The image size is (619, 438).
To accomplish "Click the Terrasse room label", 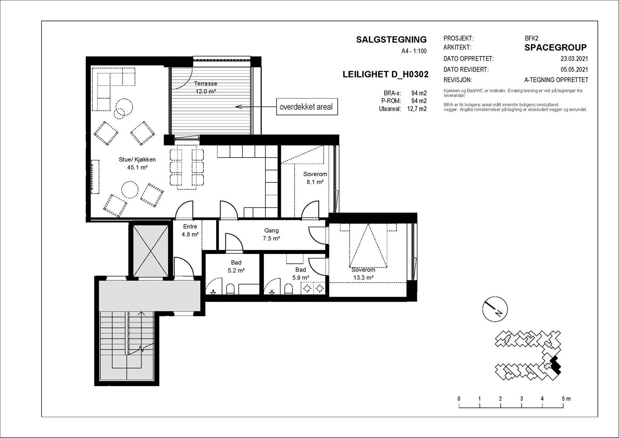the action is (x=205, y=83).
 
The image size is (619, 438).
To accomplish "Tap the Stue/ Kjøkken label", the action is (x=137, y=160).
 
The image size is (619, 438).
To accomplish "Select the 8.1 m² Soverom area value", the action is (x=315, y=182).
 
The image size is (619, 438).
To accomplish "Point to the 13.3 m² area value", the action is (x=363, y=278).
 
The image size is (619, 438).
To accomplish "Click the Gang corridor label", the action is (x=271, y=230).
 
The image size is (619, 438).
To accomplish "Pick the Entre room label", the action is (x=190, y=226).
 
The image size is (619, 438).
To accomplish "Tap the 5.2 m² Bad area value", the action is (x=236, y=270).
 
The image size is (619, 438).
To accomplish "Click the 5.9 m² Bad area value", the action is (x=301, y=277).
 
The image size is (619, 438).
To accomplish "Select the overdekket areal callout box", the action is (x=307, y=106).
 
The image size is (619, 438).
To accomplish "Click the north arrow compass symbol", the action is (x=495, y=309).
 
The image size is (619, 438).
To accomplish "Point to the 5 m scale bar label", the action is (x=566, y=399).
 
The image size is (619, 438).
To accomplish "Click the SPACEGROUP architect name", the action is (x=556, y=48).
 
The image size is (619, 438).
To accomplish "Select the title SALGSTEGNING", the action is (x=391, y=40).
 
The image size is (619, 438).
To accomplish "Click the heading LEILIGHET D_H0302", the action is (x=385, y=74).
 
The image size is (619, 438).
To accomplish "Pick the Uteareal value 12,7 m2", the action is (x=417, y=109).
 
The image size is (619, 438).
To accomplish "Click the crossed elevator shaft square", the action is (x=150, y=251).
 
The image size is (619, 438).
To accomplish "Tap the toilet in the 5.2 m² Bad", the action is (x=230, y=289).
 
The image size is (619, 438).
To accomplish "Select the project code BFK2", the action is (x=532, y=38).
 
